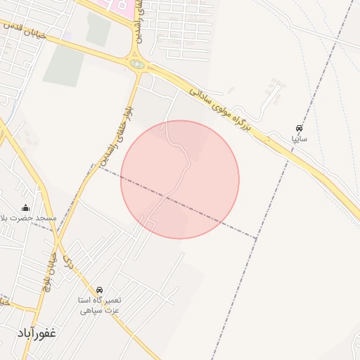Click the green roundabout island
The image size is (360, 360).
pyautogui.click(x=137, y=65)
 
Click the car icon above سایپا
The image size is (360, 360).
pyautogui.click(x=300, y=129)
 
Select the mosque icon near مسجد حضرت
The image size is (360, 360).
pyautogui.click(x=26, y=207)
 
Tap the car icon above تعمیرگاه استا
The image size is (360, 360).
pyautogui.click(x=99, y=290)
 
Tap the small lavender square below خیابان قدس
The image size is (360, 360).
pyautogui.click(x=67, y=35)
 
